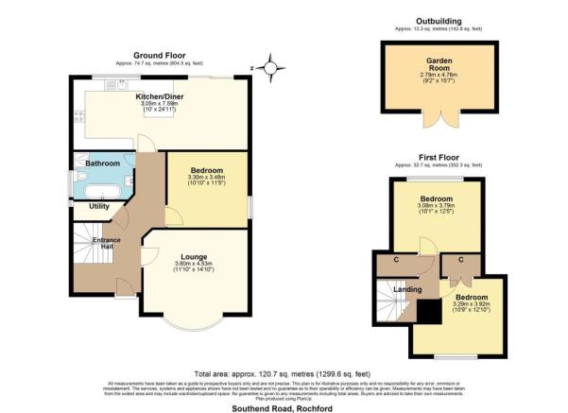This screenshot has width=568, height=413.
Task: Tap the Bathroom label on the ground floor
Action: point(102,163)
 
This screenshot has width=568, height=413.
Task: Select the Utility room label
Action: point(98,205)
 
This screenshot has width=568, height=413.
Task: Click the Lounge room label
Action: point(196,255)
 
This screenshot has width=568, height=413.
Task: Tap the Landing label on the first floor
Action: point(407,290)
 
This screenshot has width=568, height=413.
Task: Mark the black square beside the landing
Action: point(428,312)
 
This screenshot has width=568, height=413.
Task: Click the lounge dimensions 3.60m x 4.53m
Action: point(196,264)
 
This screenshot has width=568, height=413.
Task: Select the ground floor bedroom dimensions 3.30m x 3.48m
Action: point(207,177)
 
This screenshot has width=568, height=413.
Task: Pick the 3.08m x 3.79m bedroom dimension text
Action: point(438,211)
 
